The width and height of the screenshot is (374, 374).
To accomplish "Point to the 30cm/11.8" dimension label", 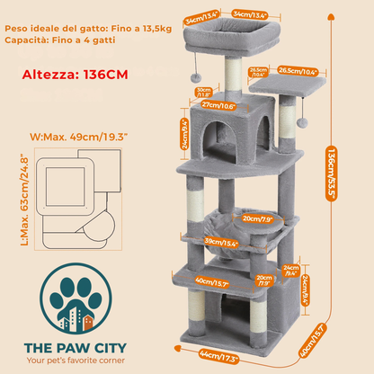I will (x=203, y=91).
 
